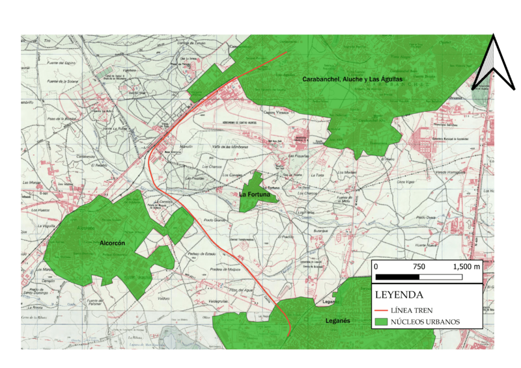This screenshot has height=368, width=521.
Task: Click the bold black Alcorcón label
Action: pyautogui.click(x=112, y=243)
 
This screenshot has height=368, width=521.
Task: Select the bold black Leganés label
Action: pyautogui.click(x=337, y=321)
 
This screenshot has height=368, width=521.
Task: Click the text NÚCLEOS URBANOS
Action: pyautogui.click(x=430, y=322)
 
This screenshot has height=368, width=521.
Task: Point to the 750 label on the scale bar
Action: pyautogui.click(x=419, y=267)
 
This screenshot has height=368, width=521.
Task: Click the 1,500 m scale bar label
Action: pyautogui.click(x=466, y=267)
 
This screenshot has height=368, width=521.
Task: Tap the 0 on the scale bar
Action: pyautogui.click(x=376, y=267)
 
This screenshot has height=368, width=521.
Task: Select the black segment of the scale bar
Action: pyautogui.click(x=397, y=277)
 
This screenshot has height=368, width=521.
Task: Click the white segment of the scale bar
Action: pyautogui.click(x=440, y=277)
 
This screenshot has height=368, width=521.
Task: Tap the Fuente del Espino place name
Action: pyautogui.click(x=62, y=62)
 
